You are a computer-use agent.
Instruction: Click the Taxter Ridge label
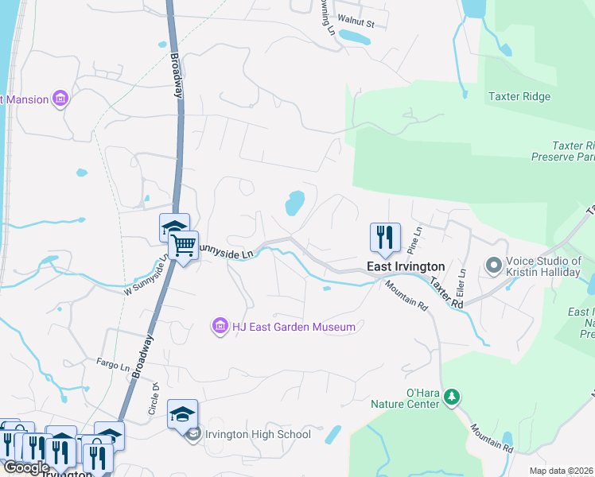519,97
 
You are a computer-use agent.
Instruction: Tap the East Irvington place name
405,267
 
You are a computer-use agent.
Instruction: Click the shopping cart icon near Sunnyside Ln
183,246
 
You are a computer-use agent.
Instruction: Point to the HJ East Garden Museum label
293,326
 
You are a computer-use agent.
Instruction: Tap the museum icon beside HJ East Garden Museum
220,325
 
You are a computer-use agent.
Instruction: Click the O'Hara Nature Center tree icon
452,396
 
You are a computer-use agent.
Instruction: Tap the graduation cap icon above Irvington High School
182,414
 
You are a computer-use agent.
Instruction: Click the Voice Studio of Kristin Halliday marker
493,265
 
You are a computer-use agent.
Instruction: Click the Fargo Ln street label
113,367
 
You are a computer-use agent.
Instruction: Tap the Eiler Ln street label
461,283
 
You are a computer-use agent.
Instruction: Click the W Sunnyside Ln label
146,277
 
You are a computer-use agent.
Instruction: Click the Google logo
27,467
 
